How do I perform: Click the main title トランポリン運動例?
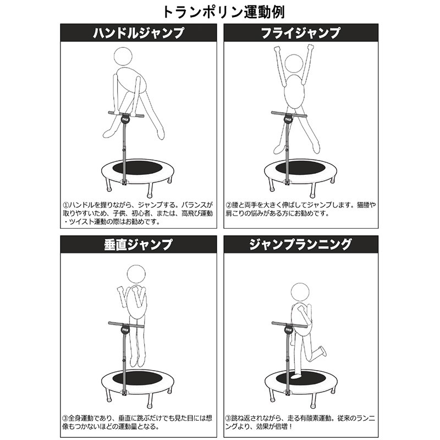point(223,12)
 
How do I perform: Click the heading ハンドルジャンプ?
point(139,33)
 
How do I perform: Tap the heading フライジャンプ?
point(300,33)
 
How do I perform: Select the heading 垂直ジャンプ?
point(139,244)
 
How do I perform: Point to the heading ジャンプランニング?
point(300,244)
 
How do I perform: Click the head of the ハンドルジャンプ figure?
point(123,56)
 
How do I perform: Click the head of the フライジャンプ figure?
point(294,64)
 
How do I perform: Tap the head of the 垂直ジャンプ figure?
point(136,274)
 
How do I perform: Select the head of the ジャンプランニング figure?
point(300,293)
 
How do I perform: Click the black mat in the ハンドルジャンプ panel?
point(137,168)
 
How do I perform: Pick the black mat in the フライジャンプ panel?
point(300,168)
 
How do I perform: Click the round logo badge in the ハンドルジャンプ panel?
point(125,119)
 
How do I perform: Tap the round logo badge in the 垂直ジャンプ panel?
point(125,328)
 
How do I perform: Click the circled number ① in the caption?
point(65,205)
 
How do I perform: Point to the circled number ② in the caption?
point(229,205)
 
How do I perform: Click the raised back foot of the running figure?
point(323,351)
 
